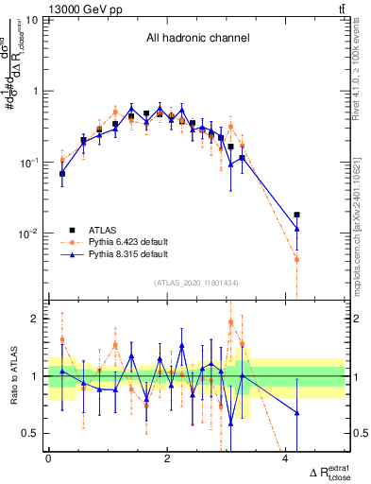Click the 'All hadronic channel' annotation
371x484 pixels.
(x=196, y=39)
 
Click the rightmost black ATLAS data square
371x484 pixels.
(x=297, y=216)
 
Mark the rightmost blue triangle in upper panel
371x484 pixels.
(x=297, y=229)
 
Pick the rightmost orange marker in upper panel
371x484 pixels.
(x=297, y=259)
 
